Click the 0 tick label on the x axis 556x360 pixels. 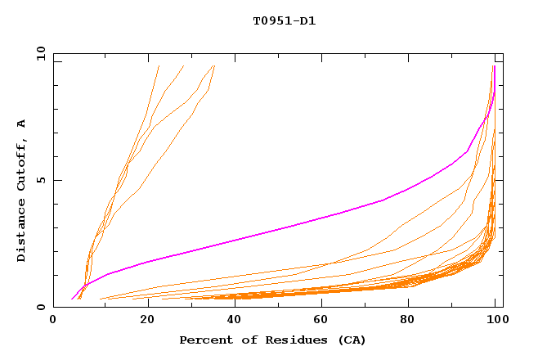pos(54,322)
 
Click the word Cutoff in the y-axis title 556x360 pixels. pos(21,162)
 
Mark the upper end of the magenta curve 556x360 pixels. pos(494,66)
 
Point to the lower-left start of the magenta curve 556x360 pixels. pos(72,299)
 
